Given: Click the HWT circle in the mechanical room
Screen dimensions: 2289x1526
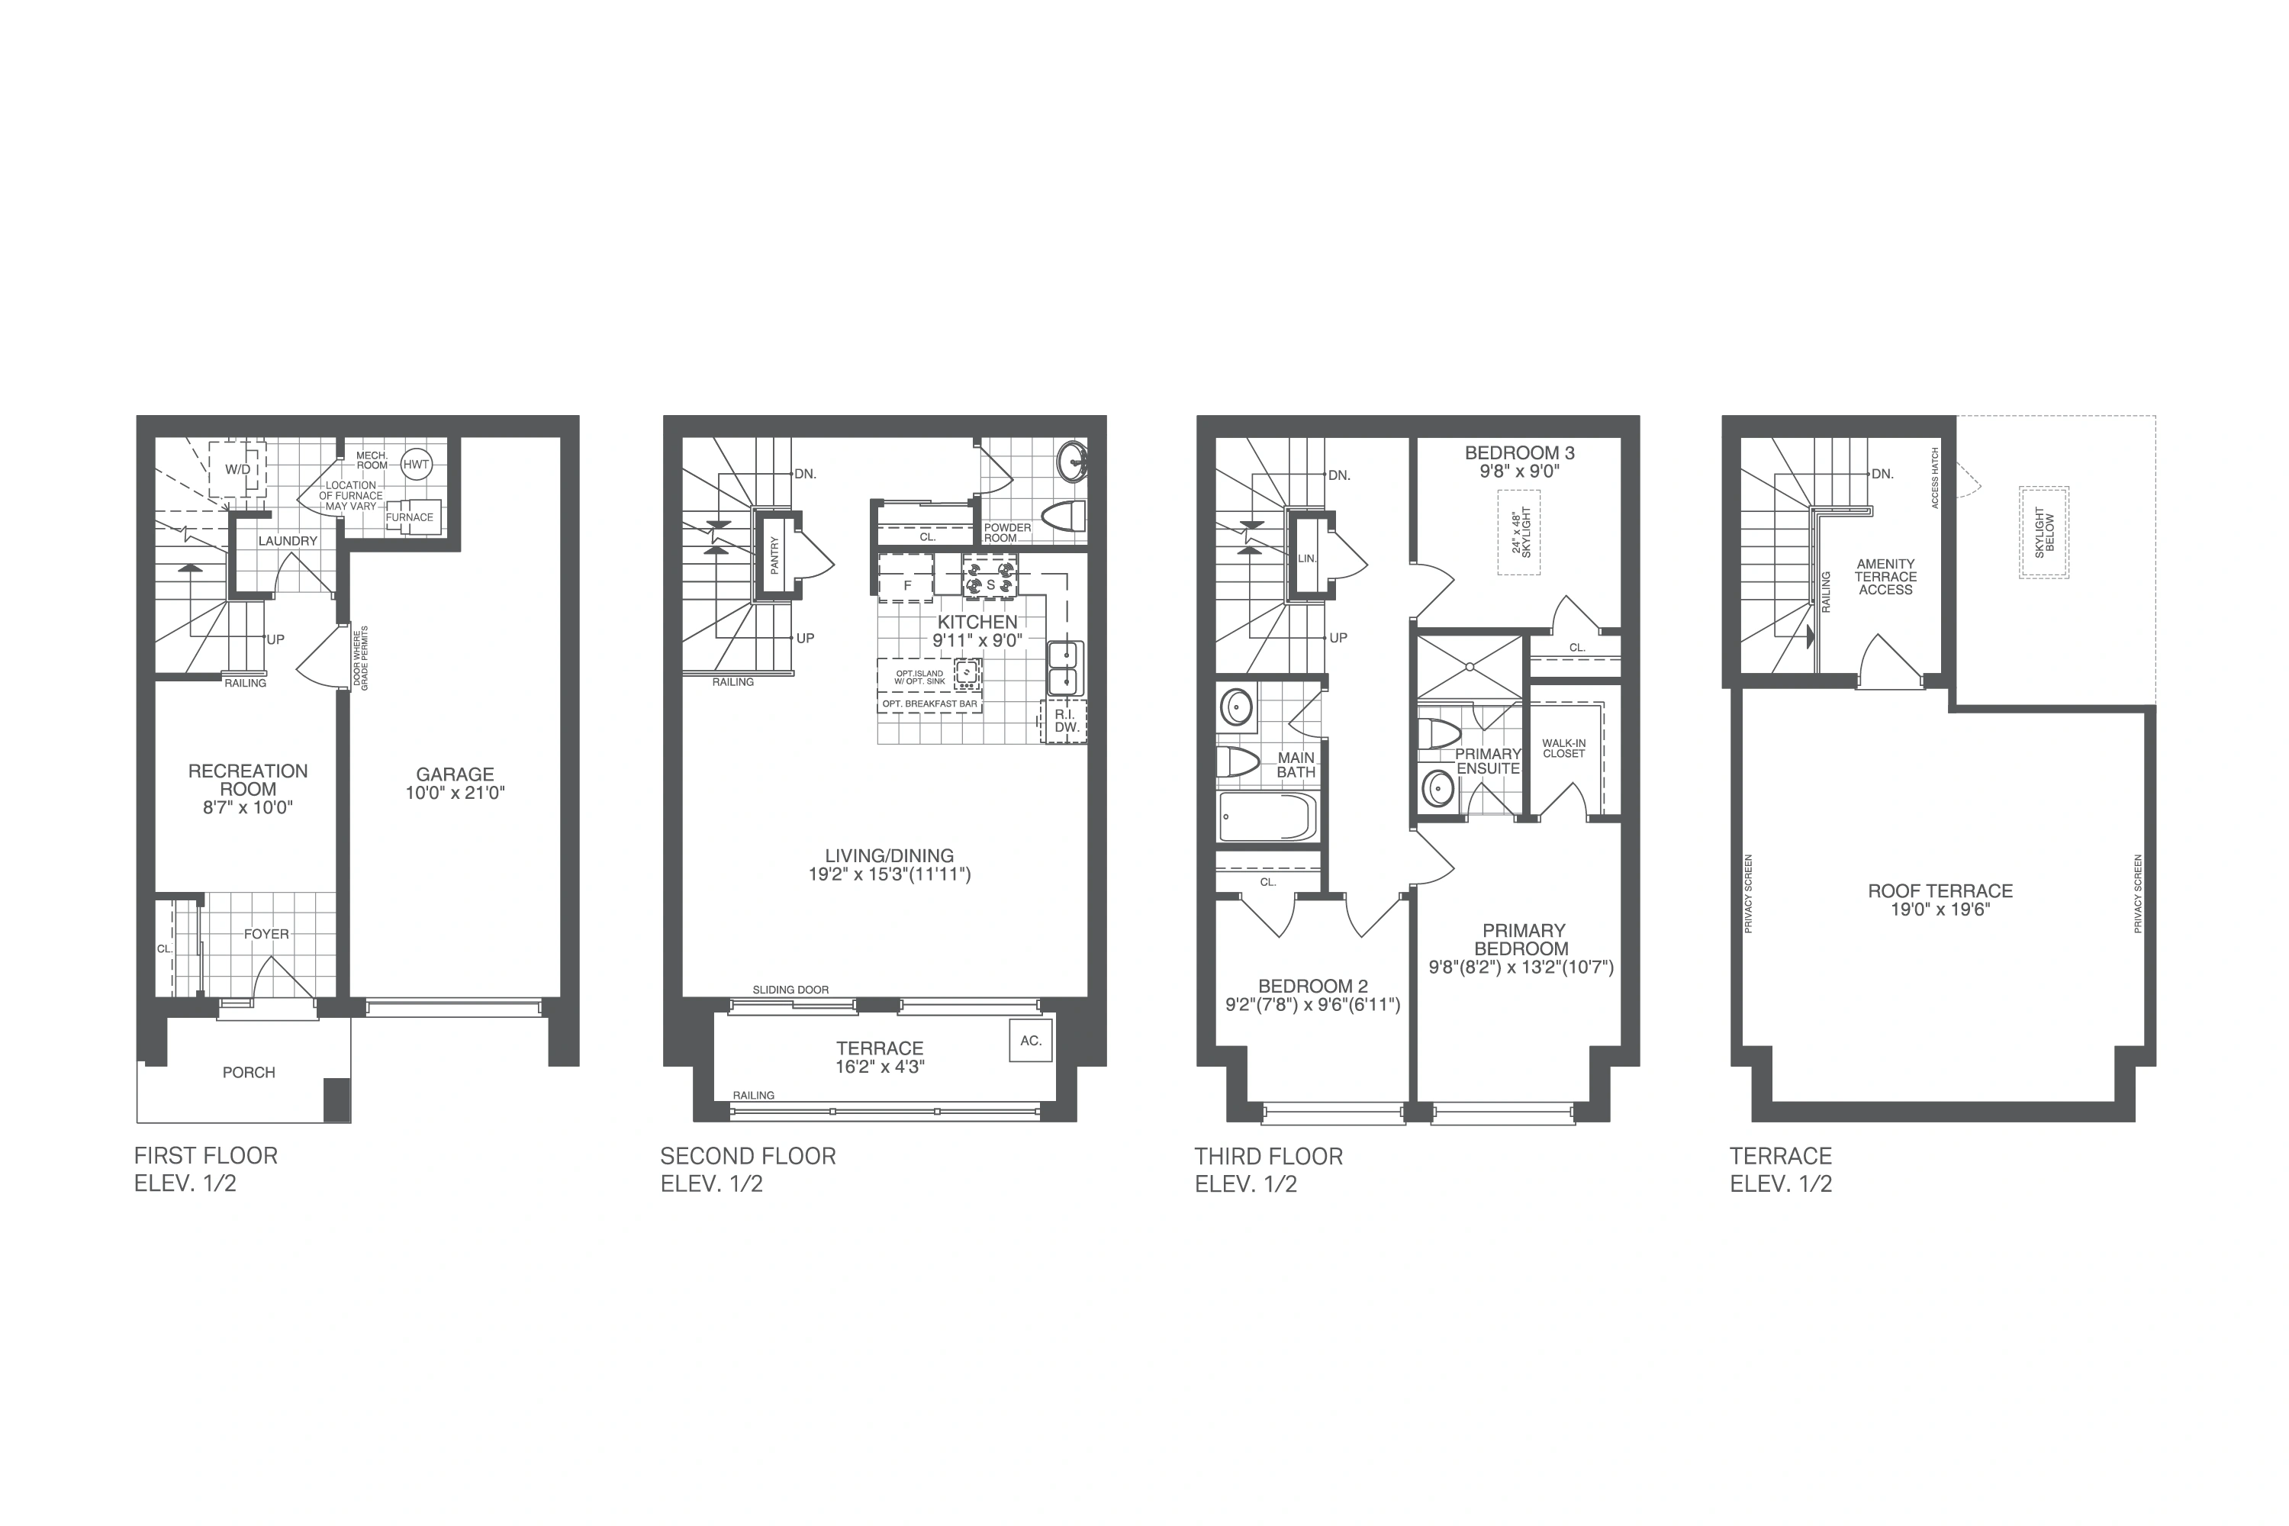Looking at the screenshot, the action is tap(417, 464).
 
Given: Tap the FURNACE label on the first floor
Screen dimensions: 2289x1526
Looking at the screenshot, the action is tap(409, 517).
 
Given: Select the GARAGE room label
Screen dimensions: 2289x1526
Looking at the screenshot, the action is tap(455, 774).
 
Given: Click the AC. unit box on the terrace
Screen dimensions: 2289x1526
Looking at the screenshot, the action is tap(1031, 1041).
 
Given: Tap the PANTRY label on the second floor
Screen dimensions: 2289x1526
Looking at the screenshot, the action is tap(774, 555).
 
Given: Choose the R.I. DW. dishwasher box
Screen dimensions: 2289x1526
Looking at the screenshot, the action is tap(1064, 721).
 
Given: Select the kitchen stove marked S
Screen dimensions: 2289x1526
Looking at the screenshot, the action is tap(990, 576).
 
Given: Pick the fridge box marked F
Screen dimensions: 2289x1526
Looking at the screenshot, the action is tap(906, 578).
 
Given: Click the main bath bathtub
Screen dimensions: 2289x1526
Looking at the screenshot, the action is tap(1268, 816).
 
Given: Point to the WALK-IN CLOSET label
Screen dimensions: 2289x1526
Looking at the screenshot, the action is tap(1564, 749).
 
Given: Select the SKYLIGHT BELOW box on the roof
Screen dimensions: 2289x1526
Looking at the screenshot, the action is tap(2044, 533).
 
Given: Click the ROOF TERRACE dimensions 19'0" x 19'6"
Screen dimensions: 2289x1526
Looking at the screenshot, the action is tap(1940, 909).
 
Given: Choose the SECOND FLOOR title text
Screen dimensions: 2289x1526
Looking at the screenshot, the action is tap(748, 1156).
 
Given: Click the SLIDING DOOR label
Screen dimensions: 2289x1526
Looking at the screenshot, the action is tap(790, 990).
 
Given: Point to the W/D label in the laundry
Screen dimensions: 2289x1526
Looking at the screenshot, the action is tap(237, 469).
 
